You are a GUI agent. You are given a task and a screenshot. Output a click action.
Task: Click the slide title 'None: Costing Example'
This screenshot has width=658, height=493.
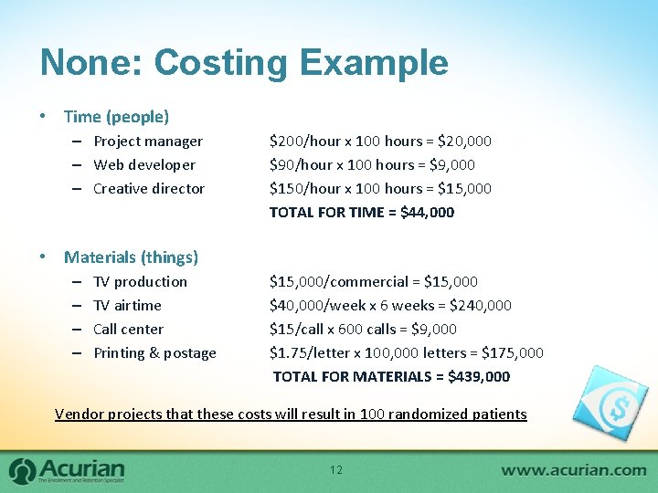[244, 63]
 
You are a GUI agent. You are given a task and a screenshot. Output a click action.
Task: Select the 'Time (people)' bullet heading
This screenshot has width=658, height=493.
[116, 117]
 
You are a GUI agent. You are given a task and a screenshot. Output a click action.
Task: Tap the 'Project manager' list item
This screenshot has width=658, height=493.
[148, 142]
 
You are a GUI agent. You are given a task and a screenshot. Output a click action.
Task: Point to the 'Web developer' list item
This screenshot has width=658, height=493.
[144, 165]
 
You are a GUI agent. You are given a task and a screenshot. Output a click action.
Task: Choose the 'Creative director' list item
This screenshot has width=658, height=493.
[149, 189]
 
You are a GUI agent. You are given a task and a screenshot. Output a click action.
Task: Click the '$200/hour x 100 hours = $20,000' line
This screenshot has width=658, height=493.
[380, 142]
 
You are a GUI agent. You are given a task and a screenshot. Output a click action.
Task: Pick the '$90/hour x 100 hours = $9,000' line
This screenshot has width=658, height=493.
[372, 165]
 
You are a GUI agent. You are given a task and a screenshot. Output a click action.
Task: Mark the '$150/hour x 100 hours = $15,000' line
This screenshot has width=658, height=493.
[380, 189]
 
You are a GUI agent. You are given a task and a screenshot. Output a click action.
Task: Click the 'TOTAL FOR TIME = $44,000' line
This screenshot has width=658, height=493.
[361, 213]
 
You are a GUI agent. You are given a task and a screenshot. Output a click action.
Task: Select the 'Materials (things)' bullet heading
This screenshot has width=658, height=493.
[131, 257]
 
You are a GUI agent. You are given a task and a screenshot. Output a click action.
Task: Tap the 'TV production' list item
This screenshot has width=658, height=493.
[140, 282]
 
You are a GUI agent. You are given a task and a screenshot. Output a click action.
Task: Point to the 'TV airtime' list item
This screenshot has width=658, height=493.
[127, 306]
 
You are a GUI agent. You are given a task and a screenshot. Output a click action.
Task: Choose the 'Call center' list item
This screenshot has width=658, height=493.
[129, 330]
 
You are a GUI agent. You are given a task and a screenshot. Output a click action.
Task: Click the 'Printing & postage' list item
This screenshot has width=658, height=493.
[154, 353]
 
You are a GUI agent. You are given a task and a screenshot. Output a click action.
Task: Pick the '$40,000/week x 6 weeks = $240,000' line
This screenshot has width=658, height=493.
[390, 306]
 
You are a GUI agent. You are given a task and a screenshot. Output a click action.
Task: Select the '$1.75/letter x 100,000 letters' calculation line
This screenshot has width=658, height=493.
[406, 353]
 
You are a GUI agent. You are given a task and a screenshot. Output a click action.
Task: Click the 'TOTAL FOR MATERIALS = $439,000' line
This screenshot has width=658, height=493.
[391, 377]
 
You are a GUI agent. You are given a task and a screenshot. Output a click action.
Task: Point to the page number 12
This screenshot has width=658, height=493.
[335, 470]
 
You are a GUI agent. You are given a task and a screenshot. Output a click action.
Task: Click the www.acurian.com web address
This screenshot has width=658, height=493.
[573, 470]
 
